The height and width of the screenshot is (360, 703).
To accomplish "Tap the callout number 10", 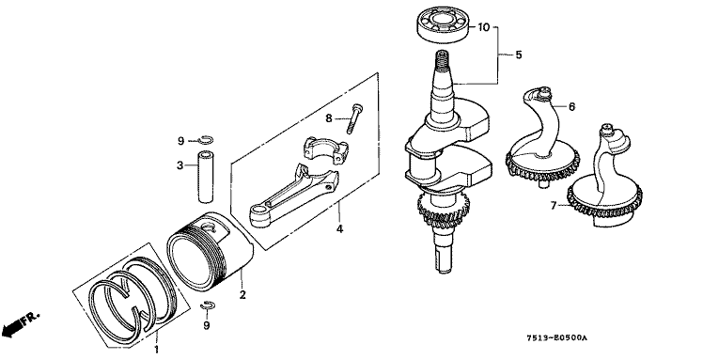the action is pos(484,27).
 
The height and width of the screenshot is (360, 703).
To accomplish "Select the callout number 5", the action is pos(519,55).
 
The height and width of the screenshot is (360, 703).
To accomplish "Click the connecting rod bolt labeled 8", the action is pos(354,118).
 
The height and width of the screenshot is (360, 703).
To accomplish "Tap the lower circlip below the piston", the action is pos(208,305).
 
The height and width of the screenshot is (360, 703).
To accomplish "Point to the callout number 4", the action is pos(340,229).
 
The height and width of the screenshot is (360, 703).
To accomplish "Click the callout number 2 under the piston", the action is pos(242,295).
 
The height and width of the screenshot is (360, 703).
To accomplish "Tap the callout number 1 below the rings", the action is pos(156,350).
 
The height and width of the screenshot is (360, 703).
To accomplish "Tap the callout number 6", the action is pos(571,107).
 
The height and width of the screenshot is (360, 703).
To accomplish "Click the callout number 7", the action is pos(554,205).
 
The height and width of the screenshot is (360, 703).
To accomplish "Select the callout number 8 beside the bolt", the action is pos(329,118).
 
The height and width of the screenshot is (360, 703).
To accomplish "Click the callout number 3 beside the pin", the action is pos(180,165).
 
